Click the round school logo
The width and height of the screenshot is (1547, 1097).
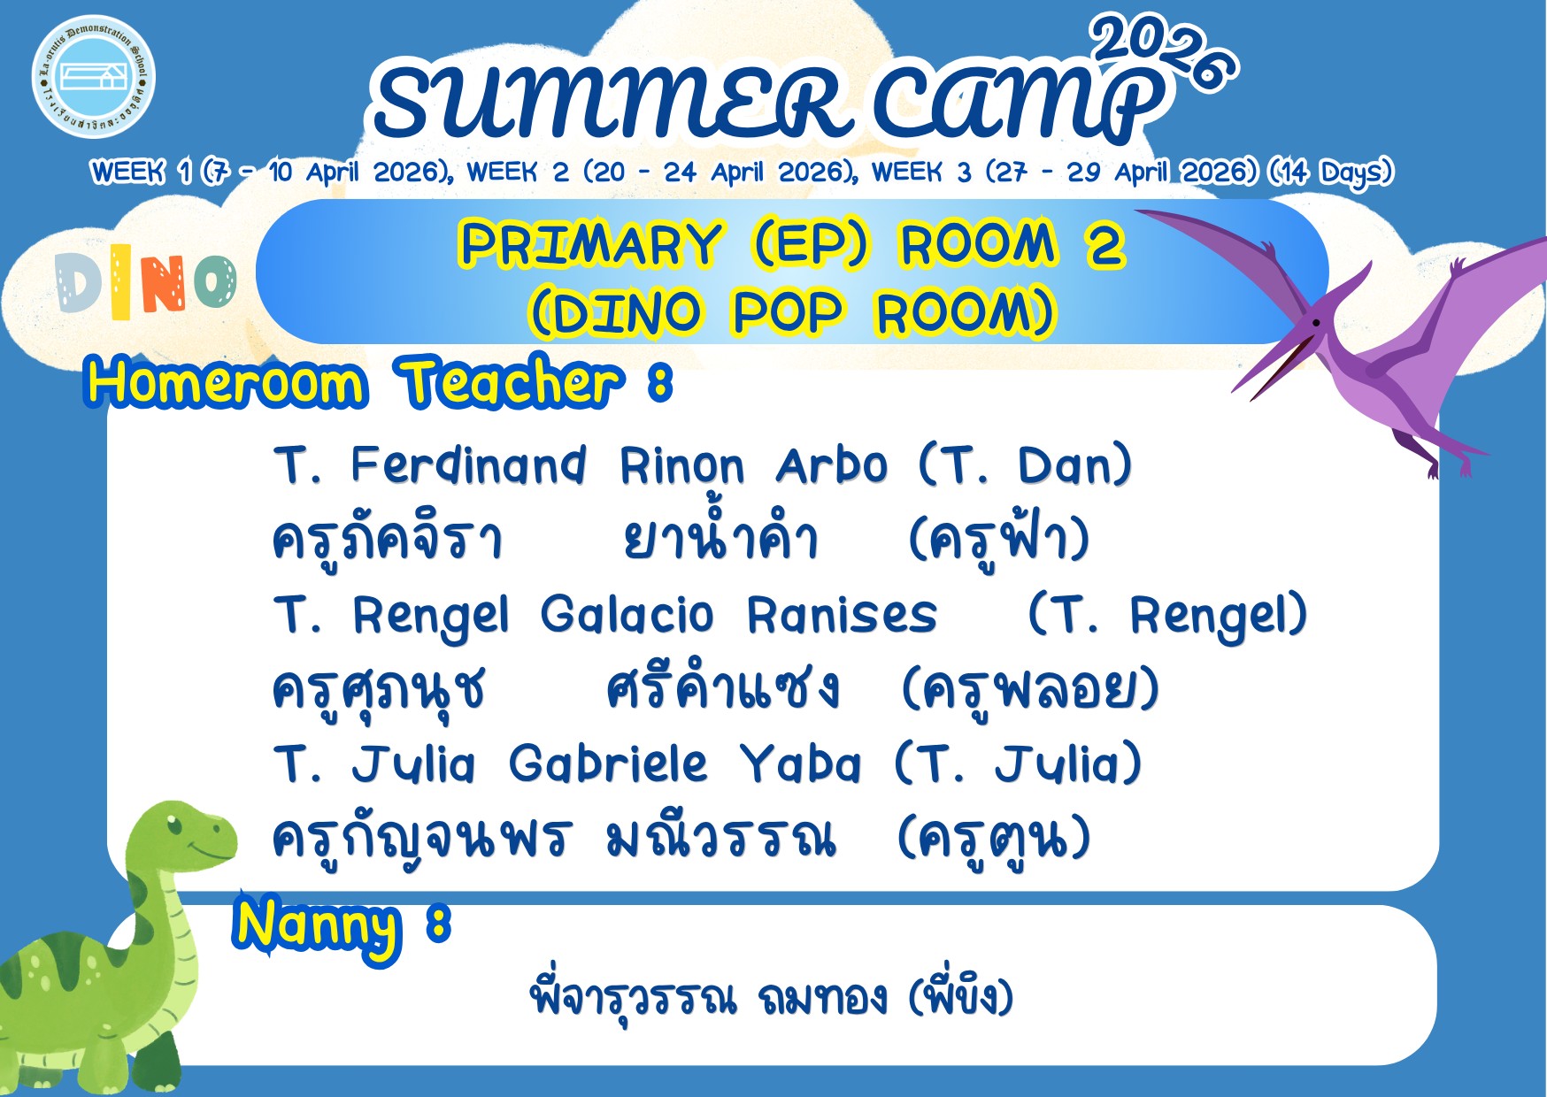[94, 77]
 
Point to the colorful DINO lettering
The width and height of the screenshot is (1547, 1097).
[146, 282]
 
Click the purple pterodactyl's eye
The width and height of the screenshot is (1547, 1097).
[1316, 324]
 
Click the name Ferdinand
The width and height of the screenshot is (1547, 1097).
[468, 465]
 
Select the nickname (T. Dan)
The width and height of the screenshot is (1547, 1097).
[1025, 465]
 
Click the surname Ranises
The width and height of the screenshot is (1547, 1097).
[842, 615]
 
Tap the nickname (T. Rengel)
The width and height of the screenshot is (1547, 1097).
[1167, 616]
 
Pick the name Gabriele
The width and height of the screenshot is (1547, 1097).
[608, 763]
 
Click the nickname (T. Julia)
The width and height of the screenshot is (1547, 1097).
[1018, 763]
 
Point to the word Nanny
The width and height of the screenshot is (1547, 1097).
[317, 927]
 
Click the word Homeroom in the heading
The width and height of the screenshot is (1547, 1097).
[227, 383]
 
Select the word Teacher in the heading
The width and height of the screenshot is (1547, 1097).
[511, 382]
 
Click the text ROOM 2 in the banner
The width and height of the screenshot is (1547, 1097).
[1012, 243]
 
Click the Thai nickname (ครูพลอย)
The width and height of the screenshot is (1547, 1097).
[1030, 689]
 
